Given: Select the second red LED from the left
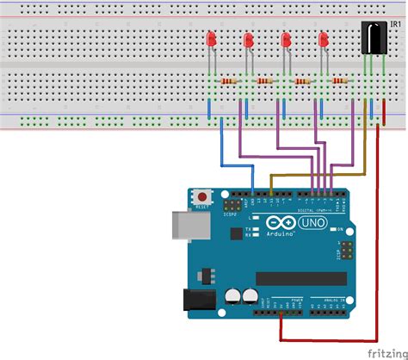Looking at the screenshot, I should click(249, 40).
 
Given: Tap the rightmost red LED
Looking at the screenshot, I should click(324, 40).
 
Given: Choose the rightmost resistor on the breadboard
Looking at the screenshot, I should click(340, 81).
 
